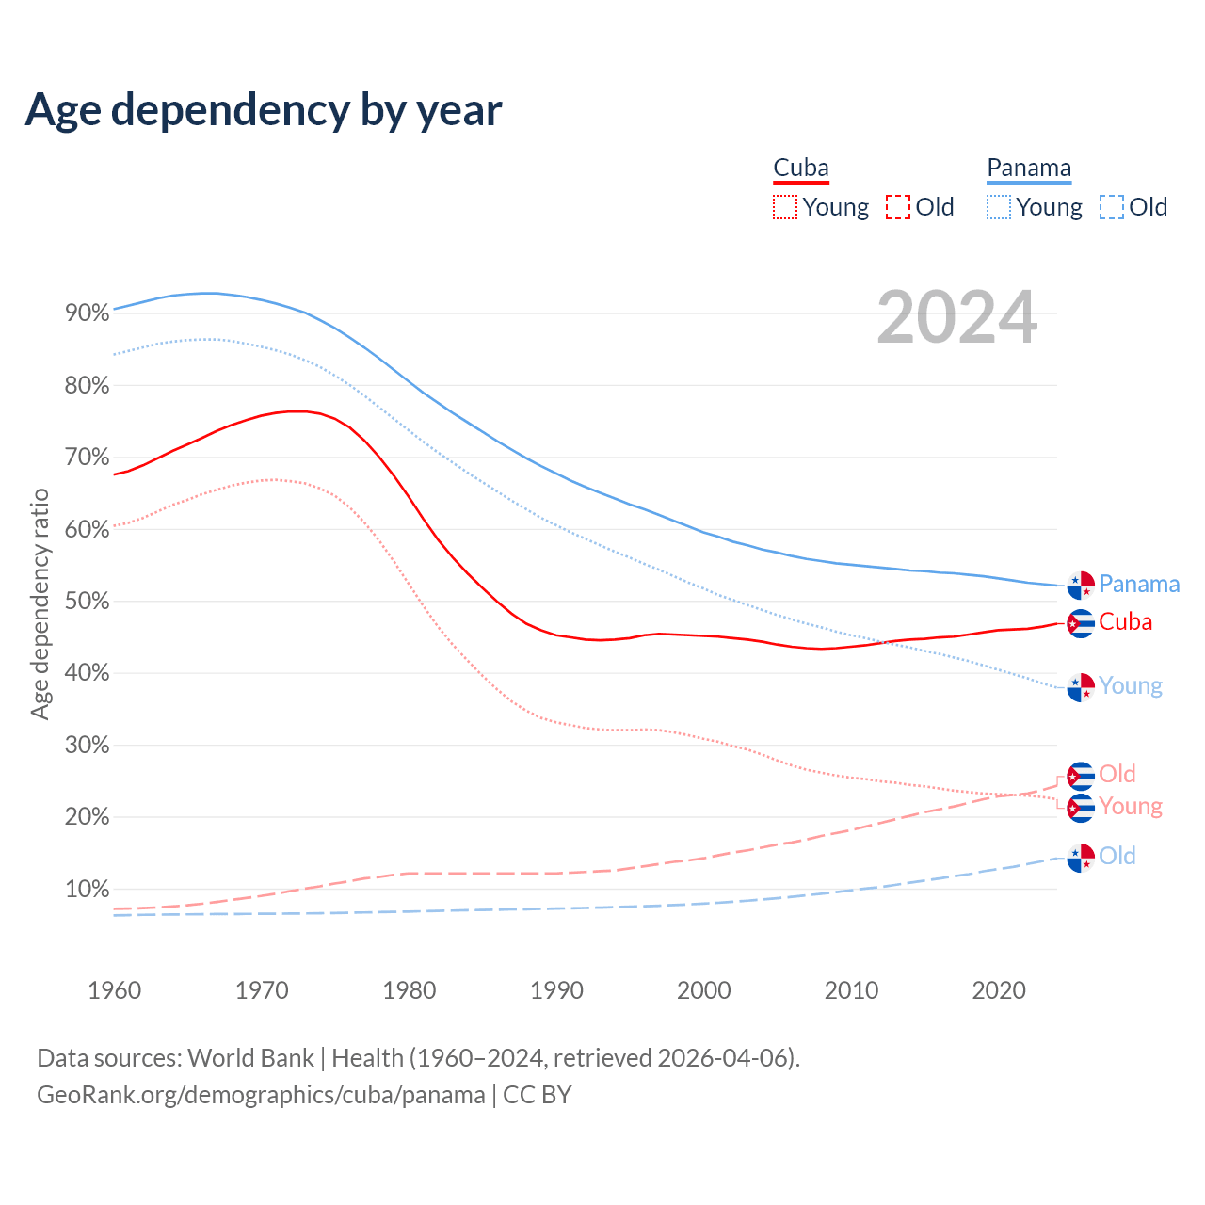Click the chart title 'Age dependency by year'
click(264, 110)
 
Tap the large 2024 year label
click(956, 318)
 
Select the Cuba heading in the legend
click(801, 169)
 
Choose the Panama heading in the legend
click(1029, 169)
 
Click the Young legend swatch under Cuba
click(785, 207)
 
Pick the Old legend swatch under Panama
click(1112, 207)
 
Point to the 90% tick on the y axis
click(88, 313)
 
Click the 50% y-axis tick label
click(88, 602)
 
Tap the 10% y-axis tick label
click(88, 890)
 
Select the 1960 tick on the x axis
click(114, 990)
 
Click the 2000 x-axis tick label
click(704, 990)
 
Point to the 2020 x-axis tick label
click(999, 990)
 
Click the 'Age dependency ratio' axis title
click(40, 603)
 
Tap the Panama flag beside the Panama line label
click(1081, 585)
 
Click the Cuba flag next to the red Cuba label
click(1081, 623)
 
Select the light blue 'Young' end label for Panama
click(1131, 686)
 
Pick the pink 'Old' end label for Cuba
click(1117, 774)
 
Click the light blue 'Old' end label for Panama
click(1117, 856)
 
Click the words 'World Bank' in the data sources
click(250, 1058)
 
